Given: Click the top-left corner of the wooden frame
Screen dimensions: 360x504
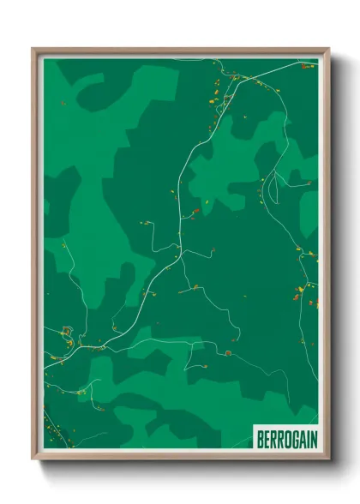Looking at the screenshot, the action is (x=33, y=49).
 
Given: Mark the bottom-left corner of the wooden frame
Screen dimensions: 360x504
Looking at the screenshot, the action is (x=33, y=461).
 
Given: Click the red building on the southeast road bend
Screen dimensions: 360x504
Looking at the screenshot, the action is (x=230, y=351).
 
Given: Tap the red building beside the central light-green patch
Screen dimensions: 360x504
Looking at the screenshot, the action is (x=196, y=209).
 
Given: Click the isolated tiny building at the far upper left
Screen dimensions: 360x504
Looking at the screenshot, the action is (x=63, y=103).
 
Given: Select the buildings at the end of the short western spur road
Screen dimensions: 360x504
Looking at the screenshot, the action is (x=146, y=223).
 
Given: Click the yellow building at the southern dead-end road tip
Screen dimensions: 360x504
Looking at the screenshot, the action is (x=81, y=392).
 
